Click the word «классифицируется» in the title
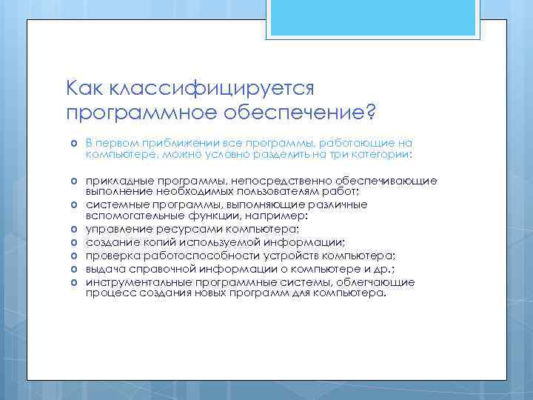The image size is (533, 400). (213, 89)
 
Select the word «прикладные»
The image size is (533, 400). (118, 181)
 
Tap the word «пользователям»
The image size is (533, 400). (266, 191)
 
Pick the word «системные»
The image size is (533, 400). (113, 204)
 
